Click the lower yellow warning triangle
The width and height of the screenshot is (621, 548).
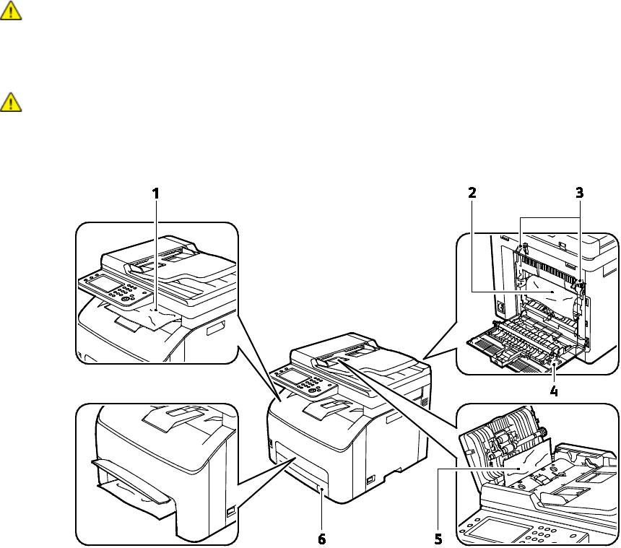[x=13, y=102]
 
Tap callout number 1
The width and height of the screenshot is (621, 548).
[x=155, y=193]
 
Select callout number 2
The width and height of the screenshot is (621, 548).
[x=472, y=193]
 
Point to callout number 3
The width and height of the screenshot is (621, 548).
[x=579, y=193]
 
